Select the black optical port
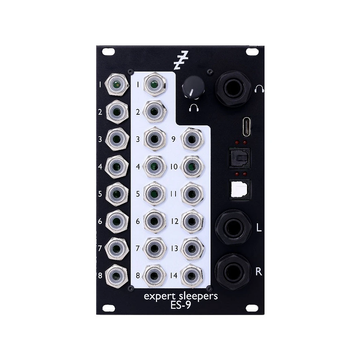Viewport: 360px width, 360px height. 240,158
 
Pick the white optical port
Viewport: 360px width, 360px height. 240,189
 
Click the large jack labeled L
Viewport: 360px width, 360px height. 233,227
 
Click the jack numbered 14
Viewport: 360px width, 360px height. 192,275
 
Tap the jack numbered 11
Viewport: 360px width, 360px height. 192,194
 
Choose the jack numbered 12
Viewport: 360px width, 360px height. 192,221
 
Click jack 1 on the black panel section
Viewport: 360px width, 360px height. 117,85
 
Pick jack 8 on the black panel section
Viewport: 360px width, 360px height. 117,275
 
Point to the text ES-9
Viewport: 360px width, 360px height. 181,305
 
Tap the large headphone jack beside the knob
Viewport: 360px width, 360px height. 233,89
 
